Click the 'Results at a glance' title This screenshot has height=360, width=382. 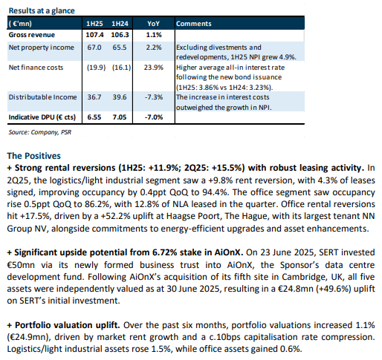coord(42,10)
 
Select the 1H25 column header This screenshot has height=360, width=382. coord(94,24)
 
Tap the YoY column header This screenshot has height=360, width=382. coord(154,24)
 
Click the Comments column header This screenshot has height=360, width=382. coord(194,24)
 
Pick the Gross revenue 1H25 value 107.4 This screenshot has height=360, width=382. coord(94,35)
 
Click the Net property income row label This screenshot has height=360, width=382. coord(42,48)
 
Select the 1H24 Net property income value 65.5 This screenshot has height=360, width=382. coord(120,48)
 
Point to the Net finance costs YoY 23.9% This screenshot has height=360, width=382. coord(154,68)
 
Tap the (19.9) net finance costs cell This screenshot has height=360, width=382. coord(96,68)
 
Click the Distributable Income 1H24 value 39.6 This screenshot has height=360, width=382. coord(120,97)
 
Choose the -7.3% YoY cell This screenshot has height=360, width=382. coord(154,97)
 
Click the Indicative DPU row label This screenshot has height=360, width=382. coord(42,117)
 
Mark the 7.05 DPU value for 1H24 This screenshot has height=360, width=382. coord(120,117)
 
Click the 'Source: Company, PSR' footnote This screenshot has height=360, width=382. coord(40,132)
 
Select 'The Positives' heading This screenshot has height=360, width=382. coord(33,156)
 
